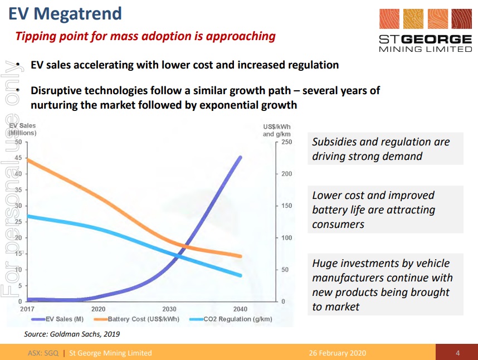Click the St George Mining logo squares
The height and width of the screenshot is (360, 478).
pos(425,19)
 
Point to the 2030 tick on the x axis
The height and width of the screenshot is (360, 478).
pos(169,309)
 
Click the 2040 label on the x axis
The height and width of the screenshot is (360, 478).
pos(241,309)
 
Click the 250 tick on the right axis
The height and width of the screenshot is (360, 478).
pos(286,142)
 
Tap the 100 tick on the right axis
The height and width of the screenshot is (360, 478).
pos(286,238)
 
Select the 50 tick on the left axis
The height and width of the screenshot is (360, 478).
pos(19,142)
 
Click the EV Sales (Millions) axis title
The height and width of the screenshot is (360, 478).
pos(23,129)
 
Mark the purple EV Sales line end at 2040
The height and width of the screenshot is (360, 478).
pos(241,157)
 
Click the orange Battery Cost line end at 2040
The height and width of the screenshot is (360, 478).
pos(241,256)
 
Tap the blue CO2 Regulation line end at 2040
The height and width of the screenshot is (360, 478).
pos(241,275)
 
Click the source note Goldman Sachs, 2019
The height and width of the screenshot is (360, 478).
pos(72,334)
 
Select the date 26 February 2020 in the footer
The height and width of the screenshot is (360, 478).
pos(338,353)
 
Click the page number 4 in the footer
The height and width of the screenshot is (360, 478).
pos(457,353)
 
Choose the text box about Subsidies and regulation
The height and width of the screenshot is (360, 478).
pos(385,148)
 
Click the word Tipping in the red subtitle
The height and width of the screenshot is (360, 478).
pos(33,37)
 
